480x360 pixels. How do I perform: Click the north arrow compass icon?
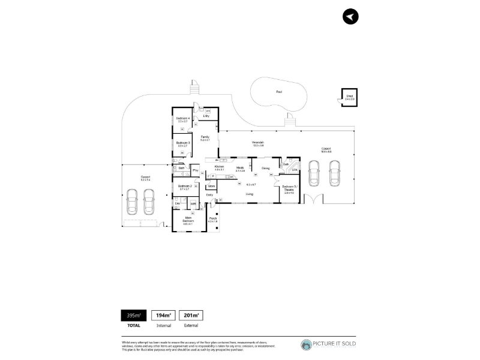point(350,17)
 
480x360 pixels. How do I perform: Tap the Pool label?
point(278,92)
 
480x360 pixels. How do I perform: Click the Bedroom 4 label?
point(183,119)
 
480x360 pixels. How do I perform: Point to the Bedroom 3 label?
point(182,143)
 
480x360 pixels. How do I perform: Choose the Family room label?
point(205,138)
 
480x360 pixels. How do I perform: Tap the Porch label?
point(212,220)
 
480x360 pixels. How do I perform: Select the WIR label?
point(193,205)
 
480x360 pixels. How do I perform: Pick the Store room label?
point(212,187)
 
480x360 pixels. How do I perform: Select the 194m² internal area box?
point(163,315)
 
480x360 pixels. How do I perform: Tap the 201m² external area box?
point(190,315)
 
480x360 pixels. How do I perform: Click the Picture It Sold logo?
point(328,344)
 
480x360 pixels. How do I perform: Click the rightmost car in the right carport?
point(334,174)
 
